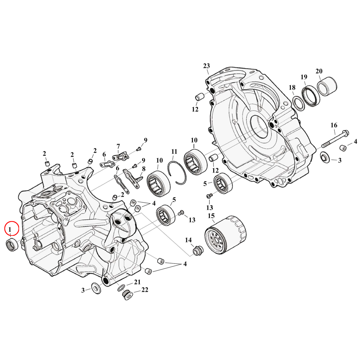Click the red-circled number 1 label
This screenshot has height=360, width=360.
coord(11,229)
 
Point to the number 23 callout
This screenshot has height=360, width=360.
coord(206,66)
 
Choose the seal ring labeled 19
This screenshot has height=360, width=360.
coord(310,96)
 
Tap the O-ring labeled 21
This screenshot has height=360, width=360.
coord(122,288)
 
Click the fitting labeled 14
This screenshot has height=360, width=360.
coord(197,251)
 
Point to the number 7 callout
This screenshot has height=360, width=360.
coord(118,147)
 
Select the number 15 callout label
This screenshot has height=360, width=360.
coord(211,216)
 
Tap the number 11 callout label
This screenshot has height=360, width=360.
coord(174,152)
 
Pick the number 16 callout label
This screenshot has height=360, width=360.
coord(334,125)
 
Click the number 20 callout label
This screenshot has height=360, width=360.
coord(319,71)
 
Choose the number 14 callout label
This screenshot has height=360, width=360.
coord(188,240)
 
